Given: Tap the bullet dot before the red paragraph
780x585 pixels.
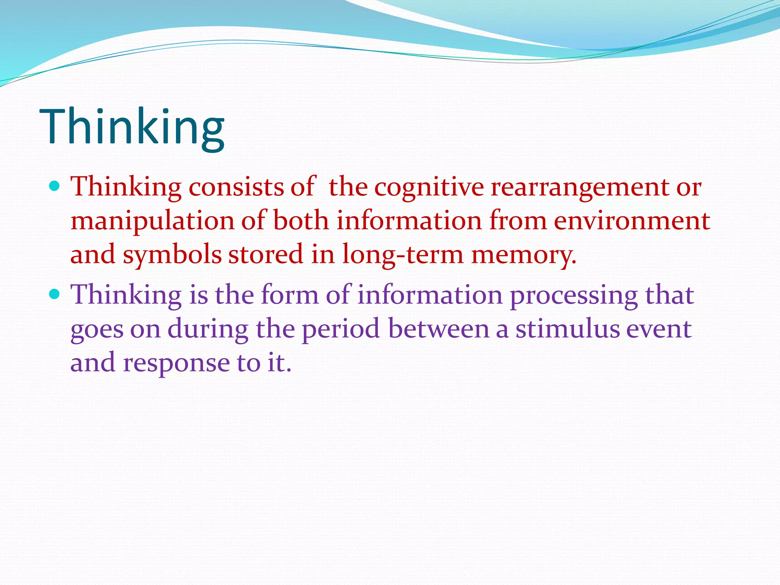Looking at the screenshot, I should [x=55, y=186].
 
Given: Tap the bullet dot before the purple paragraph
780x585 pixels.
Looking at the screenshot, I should [x=55, y=294].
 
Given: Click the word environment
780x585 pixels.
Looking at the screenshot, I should [x=632, y=221].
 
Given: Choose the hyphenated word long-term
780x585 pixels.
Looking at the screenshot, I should [x=403, y=255].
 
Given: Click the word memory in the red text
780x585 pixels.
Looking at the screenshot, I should [x=524, y=255].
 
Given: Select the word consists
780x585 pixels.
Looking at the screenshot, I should [x=236, y=187].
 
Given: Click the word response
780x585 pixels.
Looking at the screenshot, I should [x=176, y=363].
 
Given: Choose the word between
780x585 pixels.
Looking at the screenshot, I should [x=439, y=329].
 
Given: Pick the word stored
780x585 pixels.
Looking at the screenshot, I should [x=266, y=254].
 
